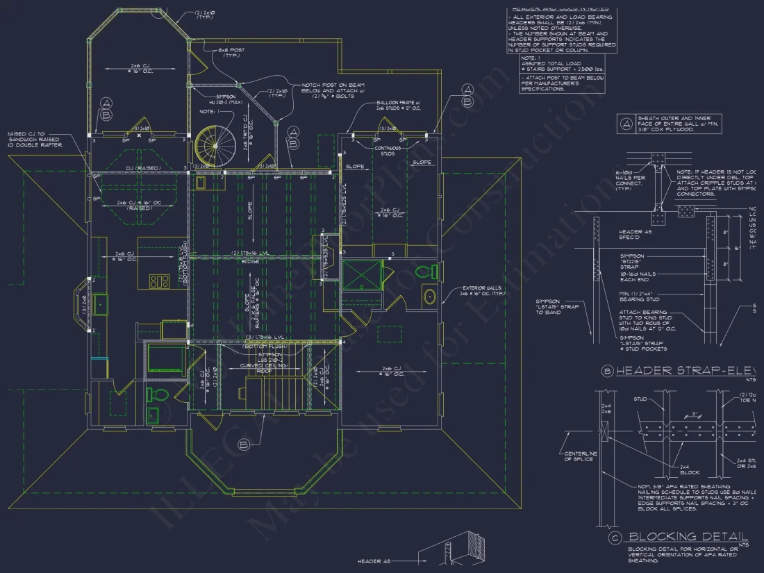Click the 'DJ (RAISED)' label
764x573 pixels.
point(143,169)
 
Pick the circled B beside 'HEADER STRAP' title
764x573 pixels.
point(607,372)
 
